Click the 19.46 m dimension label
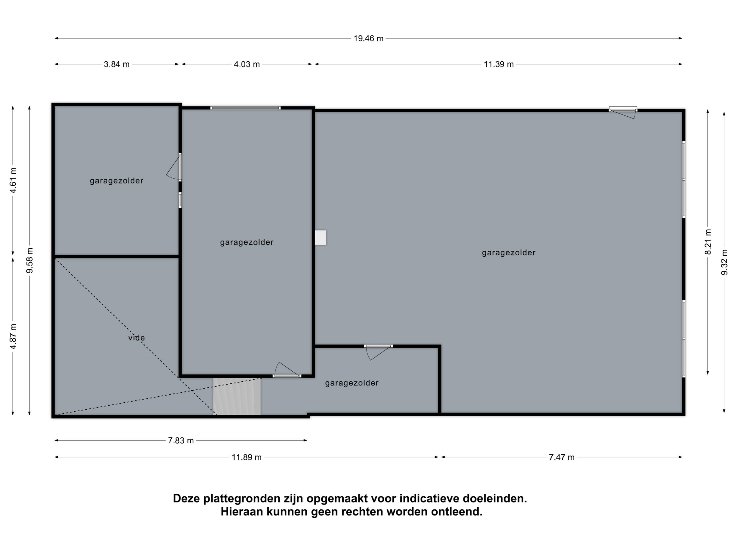(x=368, y=38)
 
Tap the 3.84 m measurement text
(x=117, y=64)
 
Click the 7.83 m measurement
(x=181, y=441)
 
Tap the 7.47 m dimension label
(x=562, y=457)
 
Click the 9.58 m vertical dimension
(x=30, y=261)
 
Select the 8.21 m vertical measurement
(x=708, y=242)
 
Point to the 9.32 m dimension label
(x=724, y=262)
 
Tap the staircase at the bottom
(x=237, y=396)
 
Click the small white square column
(x=320, y=238)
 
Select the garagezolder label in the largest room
(x=509, y=253)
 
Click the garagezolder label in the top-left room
(x=117, y=181)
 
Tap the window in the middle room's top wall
(x=246, y=108)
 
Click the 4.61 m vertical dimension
(x=13, y=180)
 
